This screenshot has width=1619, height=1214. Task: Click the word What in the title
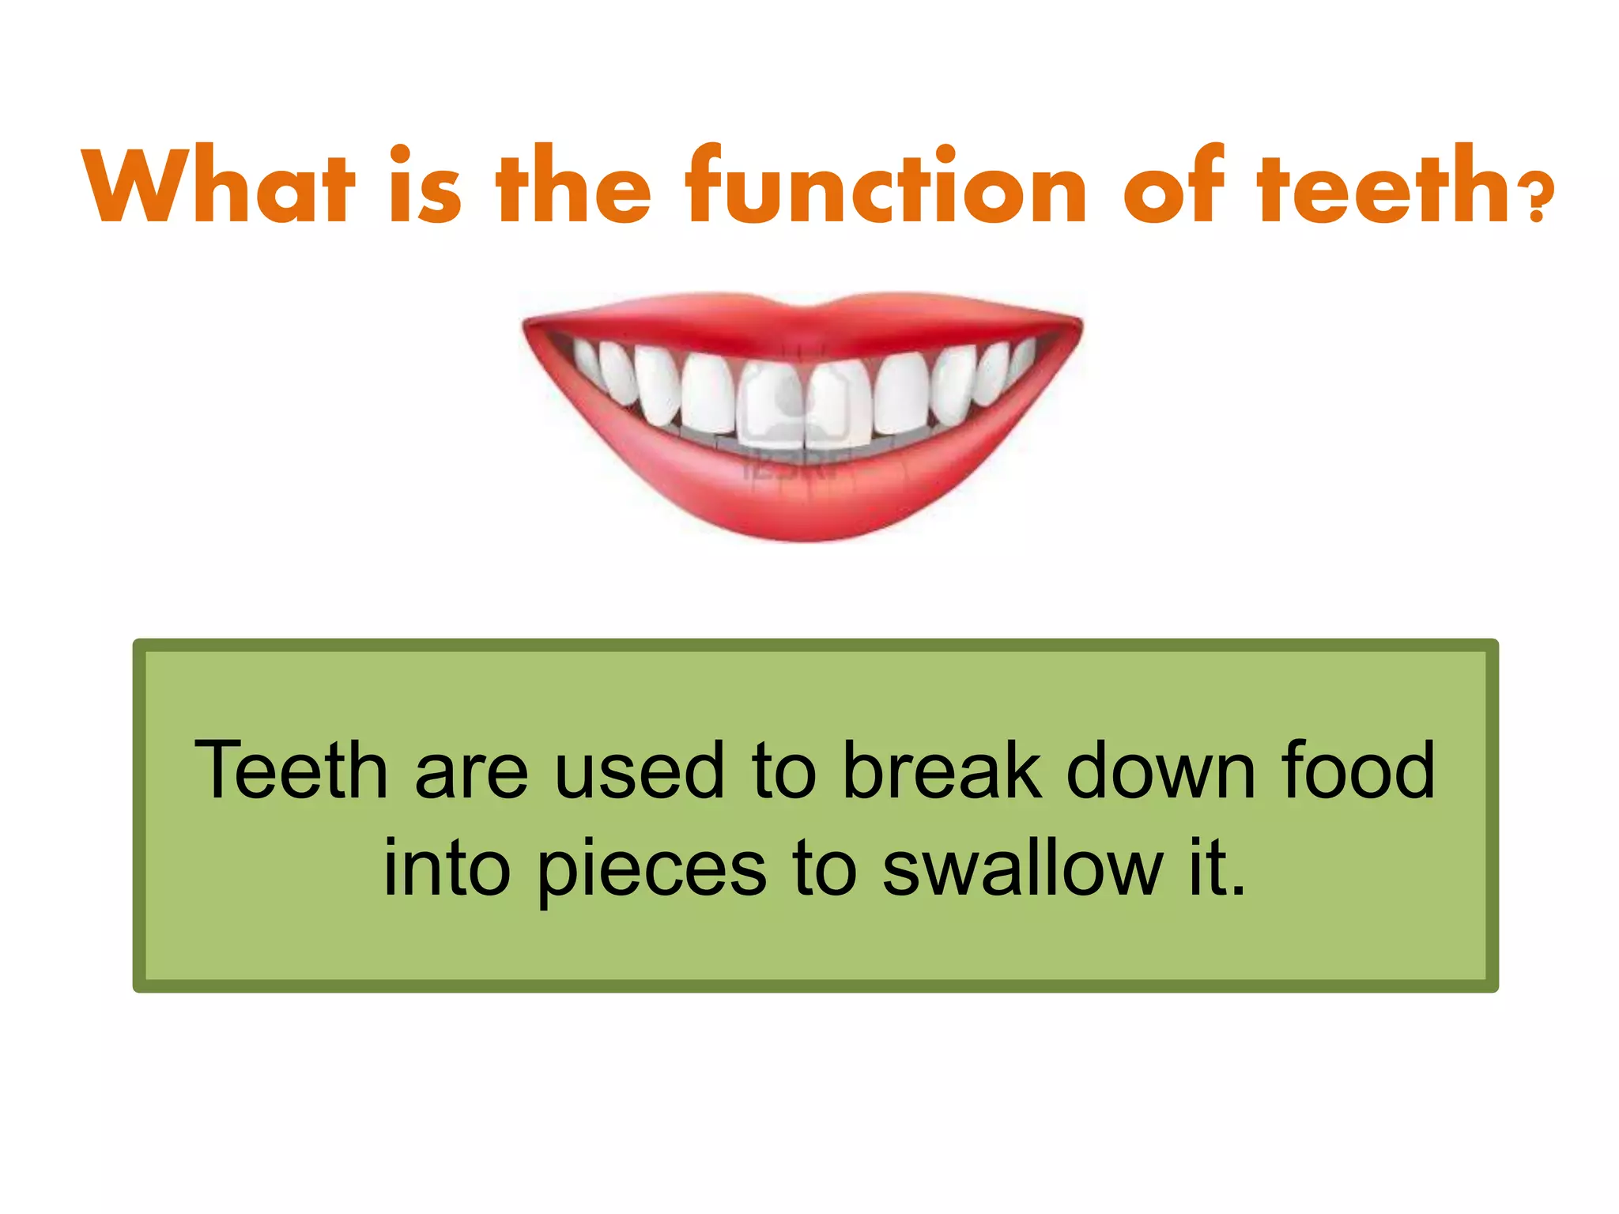[x=217, y=186]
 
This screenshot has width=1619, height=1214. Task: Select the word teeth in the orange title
[x=1383, y=186]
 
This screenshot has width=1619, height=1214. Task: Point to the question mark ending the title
[x=1537, y=202]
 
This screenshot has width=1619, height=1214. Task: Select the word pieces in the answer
[x=651, y=869]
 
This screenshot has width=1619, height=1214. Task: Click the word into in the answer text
[x=447, y=869]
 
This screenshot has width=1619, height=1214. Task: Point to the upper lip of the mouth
[x=802, y=320]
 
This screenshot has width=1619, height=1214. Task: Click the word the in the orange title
[x=573, y=186]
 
